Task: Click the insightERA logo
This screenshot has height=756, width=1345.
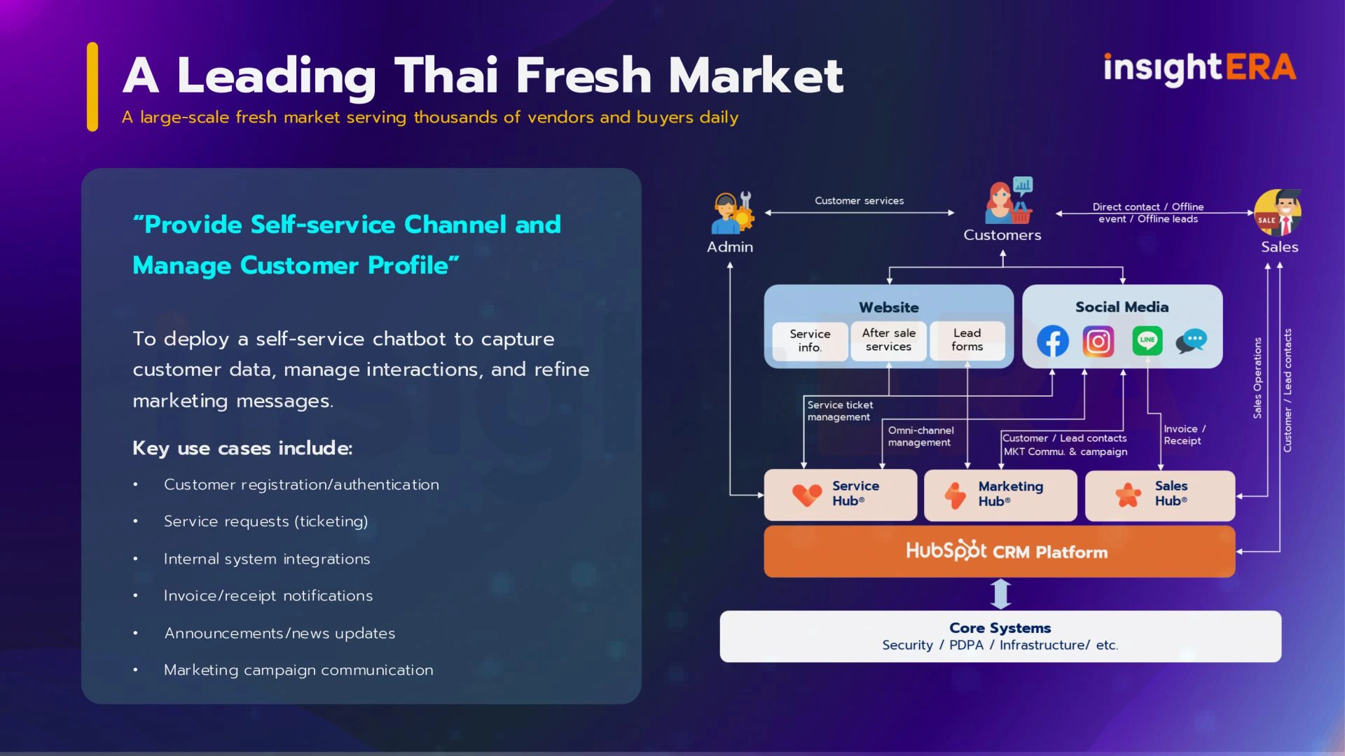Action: point(1199,69)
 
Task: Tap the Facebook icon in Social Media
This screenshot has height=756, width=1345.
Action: point(1053,342)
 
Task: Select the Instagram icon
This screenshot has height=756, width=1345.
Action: point(1098,342)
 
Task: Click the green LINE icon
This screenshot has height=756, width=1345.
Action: point(1147,341)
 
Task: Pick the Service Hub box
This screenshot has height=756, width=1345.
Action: point(841,495)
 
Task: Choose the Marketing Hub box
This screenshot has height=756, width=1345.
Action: point(1000,495)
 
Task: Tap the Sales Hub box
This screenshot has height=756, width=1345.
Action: point(1160,495)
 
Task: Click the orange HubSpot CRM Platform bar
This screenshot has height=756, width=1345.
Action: point(1000,552)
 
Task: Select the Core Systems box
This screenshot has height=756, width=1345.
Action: point(1000,636)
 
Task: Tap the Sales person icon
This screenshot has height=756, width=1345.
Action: point(1278,213)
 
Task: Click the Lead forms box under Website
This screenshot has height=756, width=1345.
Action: point(967,340)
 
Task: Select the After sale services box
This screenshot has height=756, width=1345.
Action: point(888,340)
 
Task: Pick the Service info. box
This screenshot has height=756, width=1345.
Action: point(810,341)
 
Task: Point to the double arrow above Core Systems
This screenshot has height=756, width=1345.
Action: point(1001,594)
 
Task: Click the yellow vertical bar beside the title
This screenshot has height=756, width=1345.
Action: point(92,87)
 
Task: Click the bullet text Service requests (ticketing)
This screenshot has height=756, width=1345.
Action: point(265,521)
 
